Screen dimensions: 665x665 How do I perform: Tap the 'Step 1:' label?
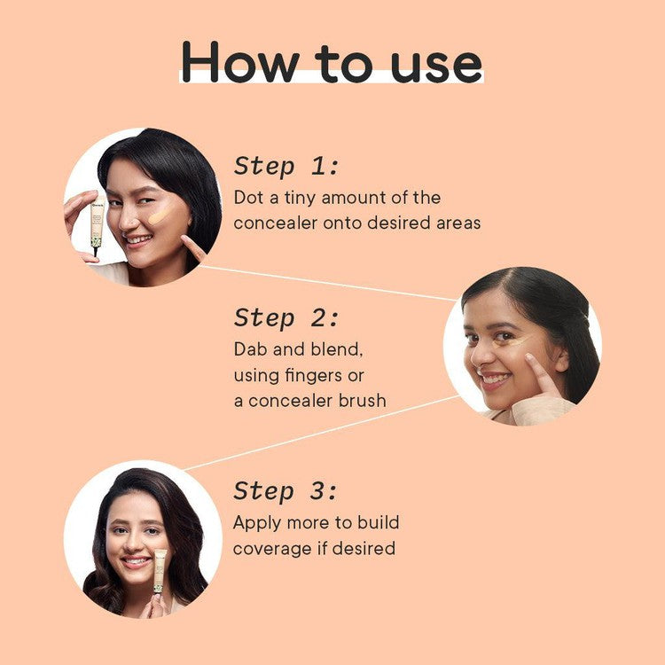286,166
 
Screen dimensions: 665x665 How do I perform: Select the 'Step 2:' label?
286,317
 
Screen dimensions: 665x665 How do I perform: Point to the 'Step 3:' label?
286,490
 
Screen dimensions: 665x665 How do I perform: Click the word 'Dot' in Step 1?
249,197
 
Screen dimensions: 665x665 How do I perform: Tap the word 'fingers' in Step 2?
314,375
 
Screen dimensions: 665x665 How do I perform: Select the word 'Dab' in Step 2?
252,349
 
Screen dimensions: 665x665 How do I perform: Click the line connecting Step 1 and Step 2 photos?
328,282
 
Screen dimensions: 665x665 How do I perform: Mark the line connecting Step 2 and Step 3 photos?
319,432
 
